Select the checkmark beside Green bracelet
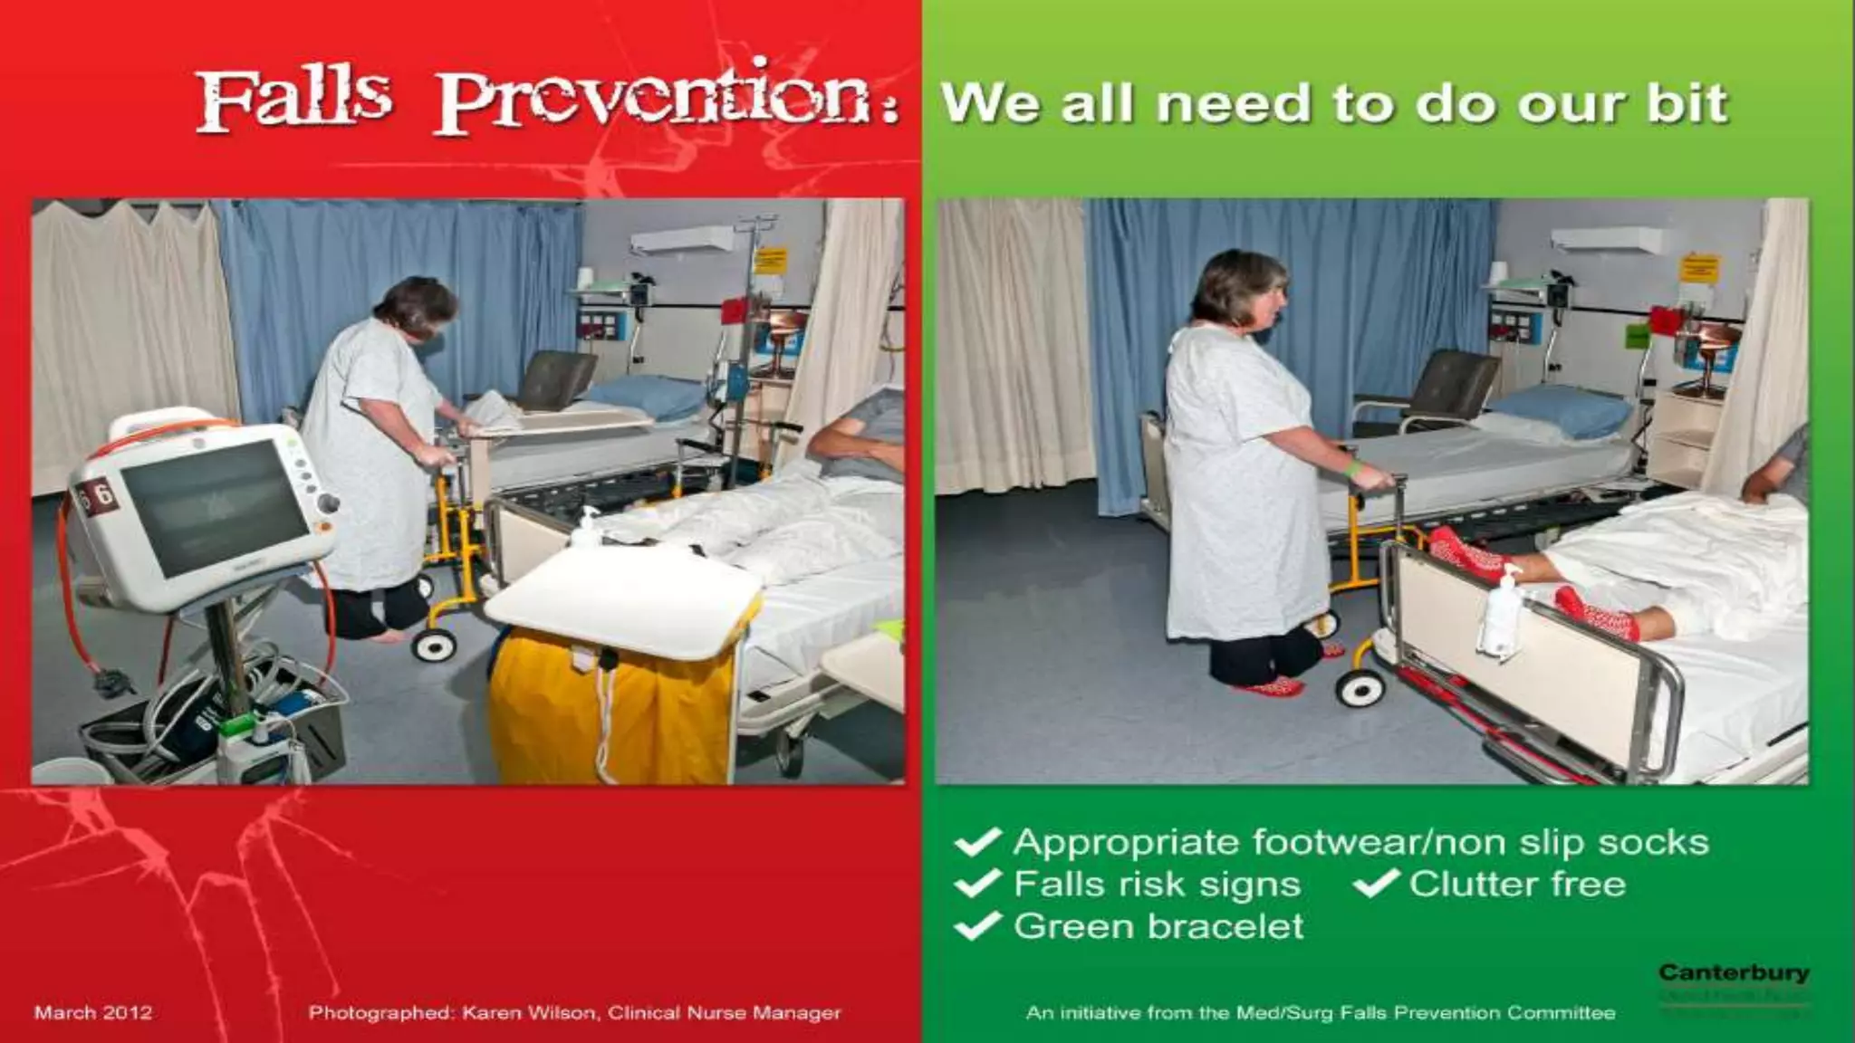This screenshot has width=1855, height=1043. pos(977,925)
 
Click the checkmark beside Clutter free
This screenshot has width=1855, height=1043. pos(1377,883)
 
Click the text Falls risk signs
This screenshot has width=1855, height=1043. pos(1157,884)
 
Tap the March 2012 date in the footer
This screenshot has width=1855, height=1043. pos(92,1012)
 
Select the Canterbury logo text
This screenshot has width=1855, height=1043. pos(1733,973)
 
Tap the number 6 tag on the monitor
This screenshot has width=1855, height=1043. pos(101,494)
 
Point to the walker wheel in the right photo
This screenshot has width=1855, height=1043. pos(1360,688)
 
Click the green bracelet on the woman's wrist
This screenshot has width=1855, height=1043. pos(1352,468)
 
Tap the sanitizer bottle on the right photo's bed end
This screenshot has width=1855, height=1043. pos(1501,616)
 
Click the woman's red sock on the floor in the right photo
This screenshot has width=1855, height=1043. pos(1270,686)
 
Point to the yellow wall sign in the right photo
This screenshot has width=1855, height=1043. pos(1698,269)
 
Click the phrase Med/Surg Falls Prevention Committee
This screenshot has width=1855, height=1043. pos(1426,1012)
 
